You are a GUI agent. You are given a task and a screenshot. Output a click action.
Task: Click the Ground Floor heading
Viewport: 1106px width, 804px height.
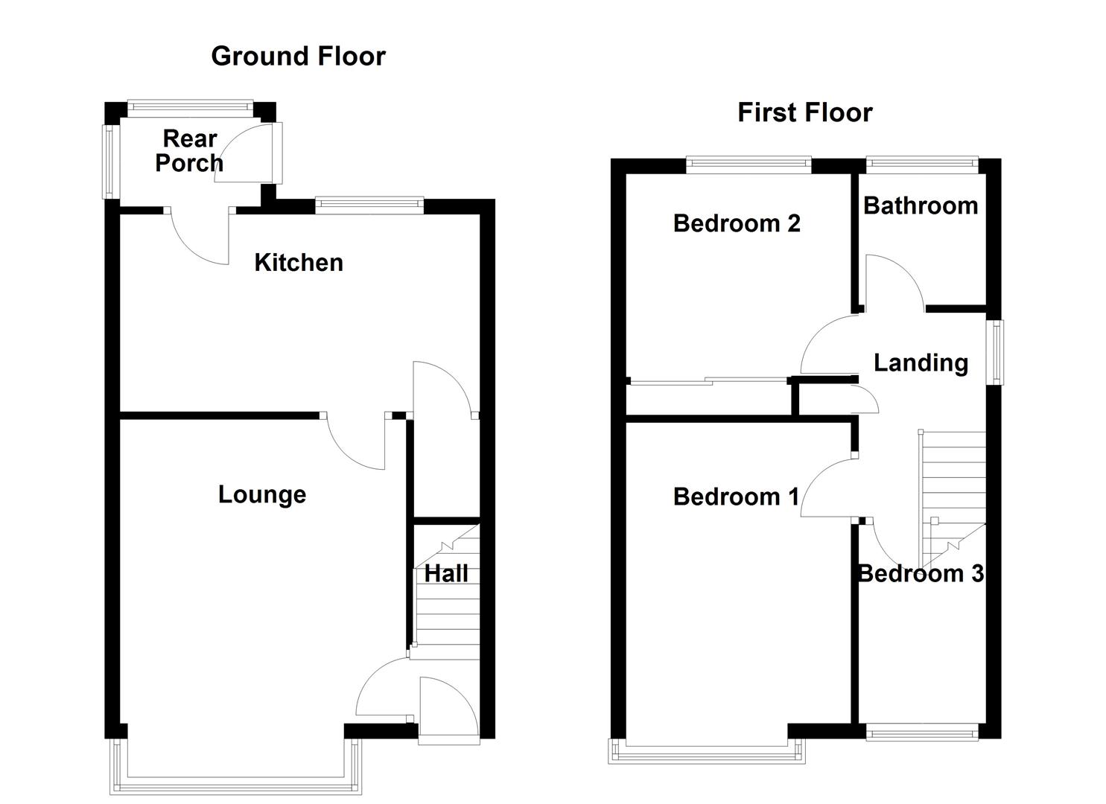click(x=298, y=57)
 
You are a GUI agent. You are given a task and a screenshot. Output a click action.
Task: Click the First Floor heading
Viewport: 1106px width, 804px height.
click(x=804, y=112)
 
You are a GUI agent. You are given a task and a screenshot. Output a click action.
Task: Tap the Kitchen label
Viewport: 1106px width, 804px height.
click(x=299, y=262)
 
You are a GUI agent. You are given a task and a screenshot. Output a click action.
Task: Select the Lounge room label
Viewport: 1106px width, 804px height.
click(x=261, y=494)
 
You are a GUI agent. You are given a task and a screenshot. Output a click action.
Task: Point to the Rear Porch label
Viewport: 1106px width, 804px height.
click(x=189, y=150)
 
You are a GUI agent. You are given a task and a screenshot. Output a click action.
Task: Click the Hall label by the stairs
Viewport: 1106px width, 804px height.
click(x=446, y=573)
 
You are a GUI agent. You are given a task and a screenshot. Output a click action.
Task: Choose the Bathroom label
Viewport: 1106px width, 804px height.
click(x=921, y=205)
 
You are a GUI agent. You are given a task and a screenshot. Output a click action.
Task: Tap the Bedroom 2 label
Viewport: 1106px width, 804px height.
click(x=736, y=223)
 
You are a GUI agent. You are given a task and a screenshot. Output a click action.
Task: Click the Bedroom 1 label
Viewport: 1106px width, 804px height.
click(x=735, y=497)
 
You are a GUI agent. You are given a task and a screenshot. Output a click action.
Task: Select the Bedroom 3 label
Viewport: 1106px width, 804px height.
click(x=921, y=573)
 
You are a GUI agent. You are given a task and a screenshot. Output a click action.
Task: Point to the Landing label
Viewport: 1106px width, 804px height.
click(x=921, y=363)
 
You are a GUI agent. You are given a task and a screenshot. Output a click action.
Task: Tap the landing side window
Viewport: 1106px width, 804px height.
click(x=995, y=352)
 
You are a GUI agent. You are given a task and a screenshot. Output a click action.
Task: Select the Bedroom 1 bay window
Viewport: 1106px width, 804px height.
click(x=707, y=753)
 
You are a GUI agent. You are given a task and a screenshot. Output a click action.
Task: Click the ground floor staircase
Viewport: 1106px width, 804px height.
click(x=446, y=603)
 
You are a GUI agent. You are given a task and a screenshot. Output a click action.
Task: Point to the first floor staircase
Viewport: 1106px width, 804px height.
click(x=953, y=491)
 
